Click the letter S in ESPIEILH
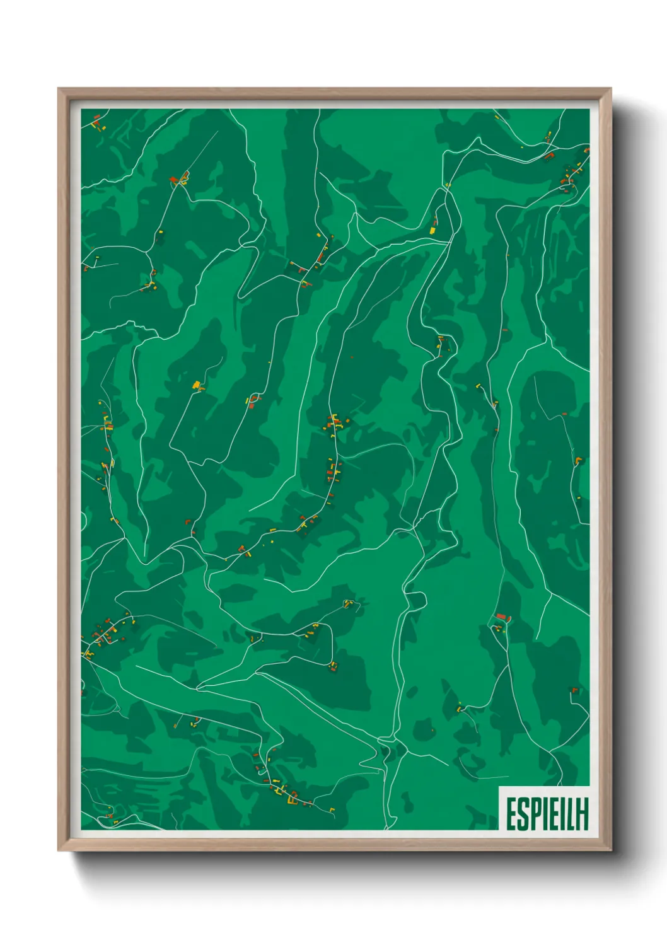point(522,814)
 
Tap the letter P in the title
point(534,814)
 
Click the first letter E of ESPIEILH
point(511,814)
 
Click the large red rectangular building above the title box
point(501,616)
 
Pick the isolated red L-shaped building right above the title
point(574,690)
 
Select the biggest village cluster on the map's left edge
point(104,634)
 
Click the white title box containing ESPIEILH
point(544,808)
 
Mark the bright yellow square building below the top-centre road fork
point(433,231)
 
